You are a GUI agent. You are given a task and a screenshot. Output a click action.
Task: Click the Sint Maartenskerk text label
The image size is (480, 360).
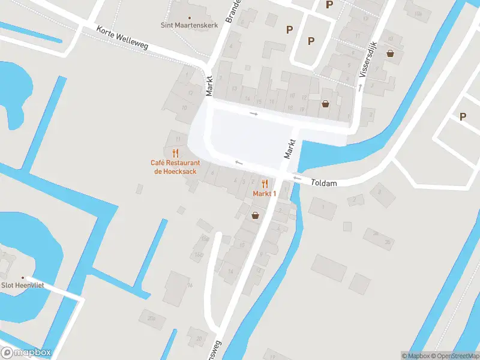point(189,25)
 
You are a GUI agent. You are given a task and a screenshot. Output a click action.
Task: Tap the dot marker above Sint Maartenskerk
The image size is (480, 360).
point(190,17)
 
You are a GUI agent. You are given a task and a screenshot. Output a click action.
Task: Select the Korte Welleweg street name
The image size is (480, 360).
point(122,37)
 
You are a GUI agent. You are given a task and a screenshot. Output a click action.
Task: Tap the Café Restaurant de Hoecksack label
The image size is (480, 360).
point(175,167)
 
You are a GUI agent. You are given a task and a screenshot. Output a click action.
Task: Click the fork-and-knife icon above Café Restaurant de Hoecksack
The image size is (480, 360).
point(175,153)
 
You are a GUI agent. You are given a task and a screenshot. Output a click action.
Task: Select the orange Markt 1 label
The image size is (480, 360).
point(264,193)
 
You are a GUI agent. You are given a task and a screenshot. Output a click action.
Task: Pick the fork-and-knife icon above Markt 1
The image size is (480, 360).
point(264,184)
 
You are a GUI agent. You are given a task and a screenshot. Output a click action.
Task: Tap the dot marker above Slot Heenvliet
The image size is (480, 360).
point(23,277)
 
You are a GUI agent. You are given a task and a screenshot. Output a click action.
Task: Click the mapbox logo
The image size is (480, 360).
point(26,352)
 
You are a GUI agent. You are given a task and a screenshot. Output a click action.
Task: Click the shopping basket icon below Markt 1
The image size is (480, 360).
point(256,215)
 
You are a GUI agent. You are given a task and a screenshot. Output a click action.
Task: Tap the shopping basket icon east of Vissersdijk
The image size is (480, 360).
point(391,53)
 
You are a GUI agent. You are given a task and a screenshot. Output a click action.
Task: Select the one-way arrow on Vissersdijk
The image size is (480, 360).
point(360,88)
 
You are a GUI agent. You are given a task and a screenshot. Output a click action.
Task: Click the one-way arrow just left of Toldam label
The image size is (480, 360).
point(296,178)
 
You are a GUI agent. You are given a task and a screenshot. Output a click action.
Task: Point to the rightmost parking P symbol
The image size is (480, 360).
point(463,116)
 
